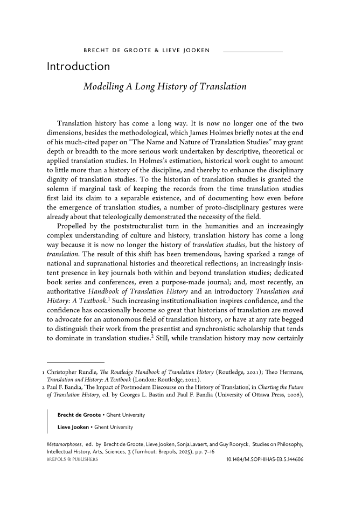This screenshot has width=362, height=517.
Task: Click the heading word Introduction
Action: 79,67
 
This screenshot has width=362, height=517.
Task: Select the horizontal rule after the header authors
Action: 253,52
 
